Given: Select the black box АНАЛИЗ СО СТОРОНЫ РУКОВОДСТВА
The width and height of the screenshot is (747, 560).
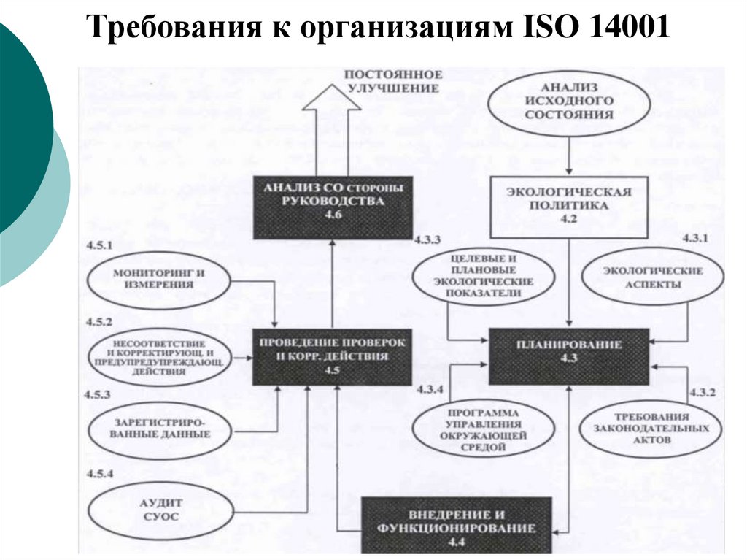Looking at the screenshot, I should pos(333,207).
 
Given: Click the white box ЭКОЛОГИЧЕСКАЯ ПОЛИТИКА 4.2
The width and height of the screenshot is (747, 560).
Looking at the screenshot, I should pos(568,207).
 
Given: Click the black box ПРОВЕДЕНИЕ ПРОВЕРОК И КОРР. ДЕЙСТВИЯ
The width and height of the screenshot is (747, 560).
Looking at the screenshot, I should pos(333,357).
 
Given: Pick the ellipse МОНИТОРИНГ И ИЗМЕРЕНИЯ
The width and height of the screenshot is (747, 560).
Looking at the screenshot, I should pos(158,278).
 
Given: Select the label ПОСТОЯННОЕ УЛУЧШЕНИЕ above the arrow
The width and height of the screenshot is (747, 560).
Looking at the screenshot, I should pos(393,81).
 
